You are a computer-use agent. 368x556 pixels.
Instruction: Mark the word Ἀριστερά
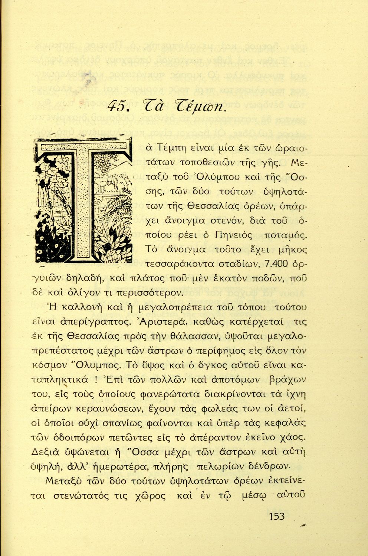click(171, 322)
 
